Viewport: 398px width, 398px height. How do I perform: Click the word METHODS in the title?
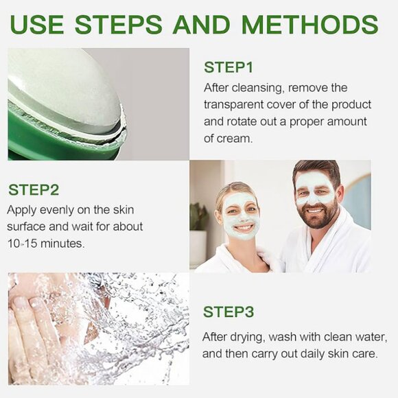(310, 25)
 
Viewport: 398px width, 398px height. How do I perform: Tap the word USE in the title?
(37, 25)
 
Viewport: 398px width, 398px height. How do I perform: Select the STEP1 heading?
(229, 67)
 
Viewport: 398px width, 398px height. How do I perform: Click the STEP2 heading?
(34, 190)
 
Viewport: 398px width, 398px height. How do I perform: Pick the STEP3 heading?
(229, 312)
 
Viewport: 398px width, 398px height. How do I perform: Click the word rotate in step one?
(242, 121)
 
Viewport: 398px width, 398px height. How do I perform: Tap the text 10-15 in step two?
(23, 244)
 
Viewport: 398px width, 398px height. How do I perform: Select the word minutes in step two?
(62, 244)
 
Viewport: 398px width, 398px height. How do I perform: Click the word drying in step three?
(248, 338)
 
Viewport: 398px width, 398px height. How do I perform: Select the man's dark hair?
(317, 169)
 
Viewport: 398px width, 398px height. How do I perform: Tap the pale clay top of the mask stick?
(63, 86)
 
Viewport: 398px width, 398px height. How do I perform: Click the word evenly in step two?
(56, 211)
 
